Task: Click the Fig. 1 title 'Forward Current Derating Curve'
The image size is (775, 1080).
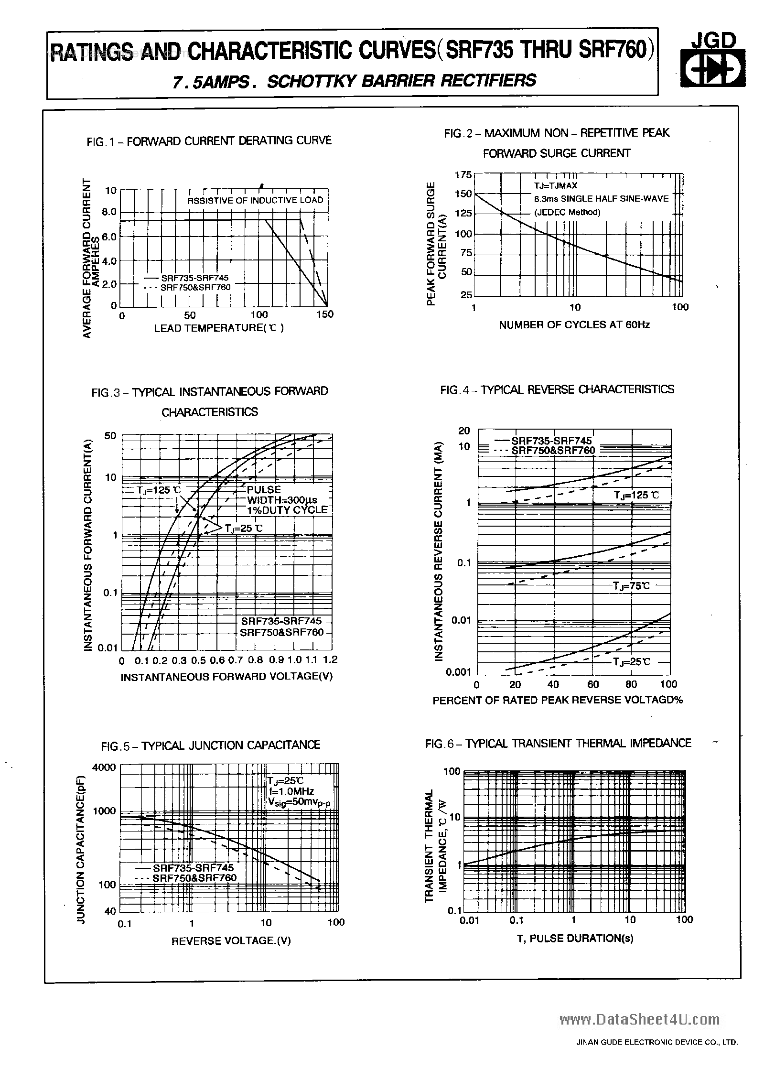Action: click(209, 141)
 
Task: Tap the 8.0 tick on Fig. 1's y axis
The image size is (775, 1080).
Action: click(109, 212)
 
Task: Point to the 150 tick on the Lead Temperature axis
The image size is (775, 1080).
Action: click(325, 314)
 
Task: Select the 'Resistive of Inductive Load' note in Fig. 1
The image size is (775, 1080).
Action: click(255, 200)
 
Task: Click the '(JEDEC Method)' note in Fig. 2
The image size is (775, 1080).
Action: click(567, 212)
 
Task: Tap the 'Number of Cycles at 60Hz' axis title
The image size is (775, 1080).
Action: click(574, 325)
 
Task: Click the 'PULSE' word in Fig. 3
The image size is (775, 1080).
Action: click(264, 490)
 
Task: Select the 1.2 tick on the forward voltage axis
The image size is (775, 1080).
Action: click(330, 660)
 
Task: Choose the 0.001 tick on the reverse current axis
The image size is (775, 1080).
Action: click(459, 672)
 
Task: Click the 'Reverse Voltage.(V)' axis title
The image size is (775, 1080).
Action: click(231, 940)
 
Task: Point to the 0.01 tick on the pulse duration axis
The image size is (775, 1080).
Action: click(469, 920)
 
